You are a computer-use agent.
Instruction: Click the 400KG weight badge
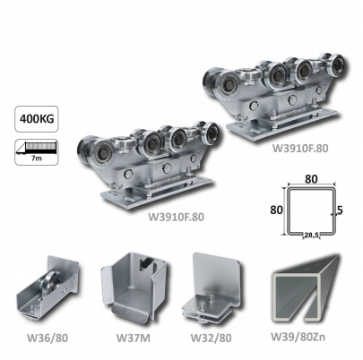click(37, 119)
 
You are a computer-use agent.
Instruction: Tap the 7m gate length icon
click(37, 152)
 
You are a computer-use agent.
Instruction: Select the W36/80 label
click(48, 338)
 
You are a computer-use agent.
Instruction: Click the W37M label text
click(134, 338)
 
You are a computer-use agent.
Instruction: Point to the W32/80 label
click(212, 338)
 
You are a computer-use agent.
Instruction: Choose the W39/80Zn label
click(298, 337)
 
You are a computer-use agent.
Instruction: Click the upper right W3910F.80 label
click(300, 148)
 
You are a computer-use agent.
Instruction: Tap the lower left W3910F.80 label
click(176, 217)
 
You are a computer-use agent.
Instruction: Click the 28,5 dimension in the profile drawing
click(311, 236)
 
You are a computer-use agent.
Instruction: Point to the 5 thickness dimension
click(340, 210)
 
